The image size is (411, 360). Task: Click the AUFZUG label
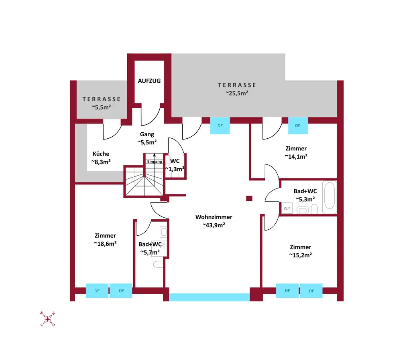coord(149,81)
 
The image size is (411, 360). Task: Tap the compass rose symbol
coord(48,319)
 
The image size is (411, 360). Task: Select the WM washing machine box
coord(287,208)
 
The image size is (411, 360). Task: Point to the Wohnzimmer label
coord(214,217)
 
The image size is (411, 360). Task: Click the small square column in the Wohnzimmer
coord(249,198)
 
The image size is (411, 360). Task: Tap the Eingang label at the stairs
coord(155,162)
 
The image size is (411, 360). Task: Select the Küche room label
coord(101,154)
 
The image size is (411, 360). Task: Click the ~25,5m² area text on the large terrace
coord(237,93)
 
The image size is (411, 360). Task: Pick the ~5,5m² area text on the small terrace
coord(102,107)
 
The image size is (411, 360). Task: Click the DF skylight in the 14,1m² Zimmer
coord(297,125)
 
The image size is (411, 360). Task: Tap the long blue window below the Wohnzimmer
coord(209,297)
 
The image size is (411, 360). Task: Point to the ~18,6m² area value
coord(105,243)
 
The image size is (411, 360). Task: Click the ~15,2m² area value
coord(300,255)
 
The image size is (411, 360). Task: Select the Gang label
coord(147,134)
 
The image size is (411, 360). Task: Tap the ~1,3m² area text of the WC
coord(175,169)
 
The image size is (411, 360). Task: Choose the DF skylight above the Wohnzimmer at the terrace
coord(220,125)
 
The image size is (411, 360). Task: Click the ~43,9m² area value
coord(214,225)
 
